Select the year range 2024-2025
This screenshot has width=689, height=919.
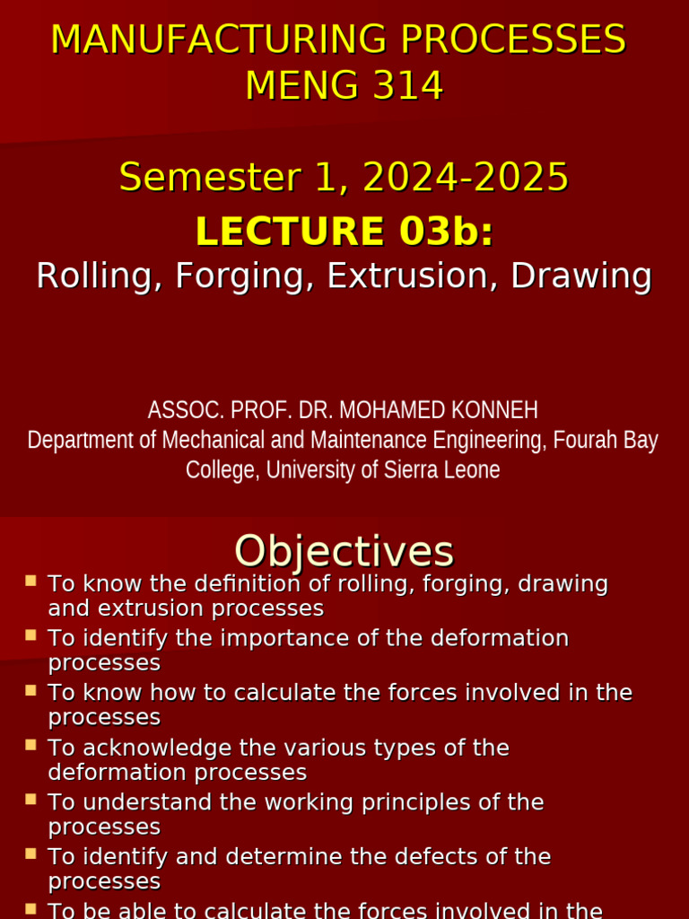point(466,177)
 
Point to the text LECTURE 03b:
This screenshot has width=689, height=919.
point(344,232)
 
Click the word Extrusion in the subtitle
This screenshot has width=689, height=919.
point(410,276)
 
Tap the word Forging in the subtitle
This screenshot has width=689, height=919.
point(245,276)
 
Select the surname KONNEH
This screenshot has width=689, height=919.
point(497,410)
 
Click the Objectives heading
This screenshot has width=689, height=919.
point(344,550)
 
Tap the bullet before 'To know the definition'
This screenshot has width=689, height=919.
point(31,581)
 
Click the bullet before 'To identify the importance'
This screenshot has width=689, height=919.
point(31,635)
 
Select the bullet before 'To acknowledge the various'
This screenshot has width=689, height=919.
point(31,744)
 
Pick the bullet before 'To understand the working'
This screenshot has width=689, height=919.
point(31,799)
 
